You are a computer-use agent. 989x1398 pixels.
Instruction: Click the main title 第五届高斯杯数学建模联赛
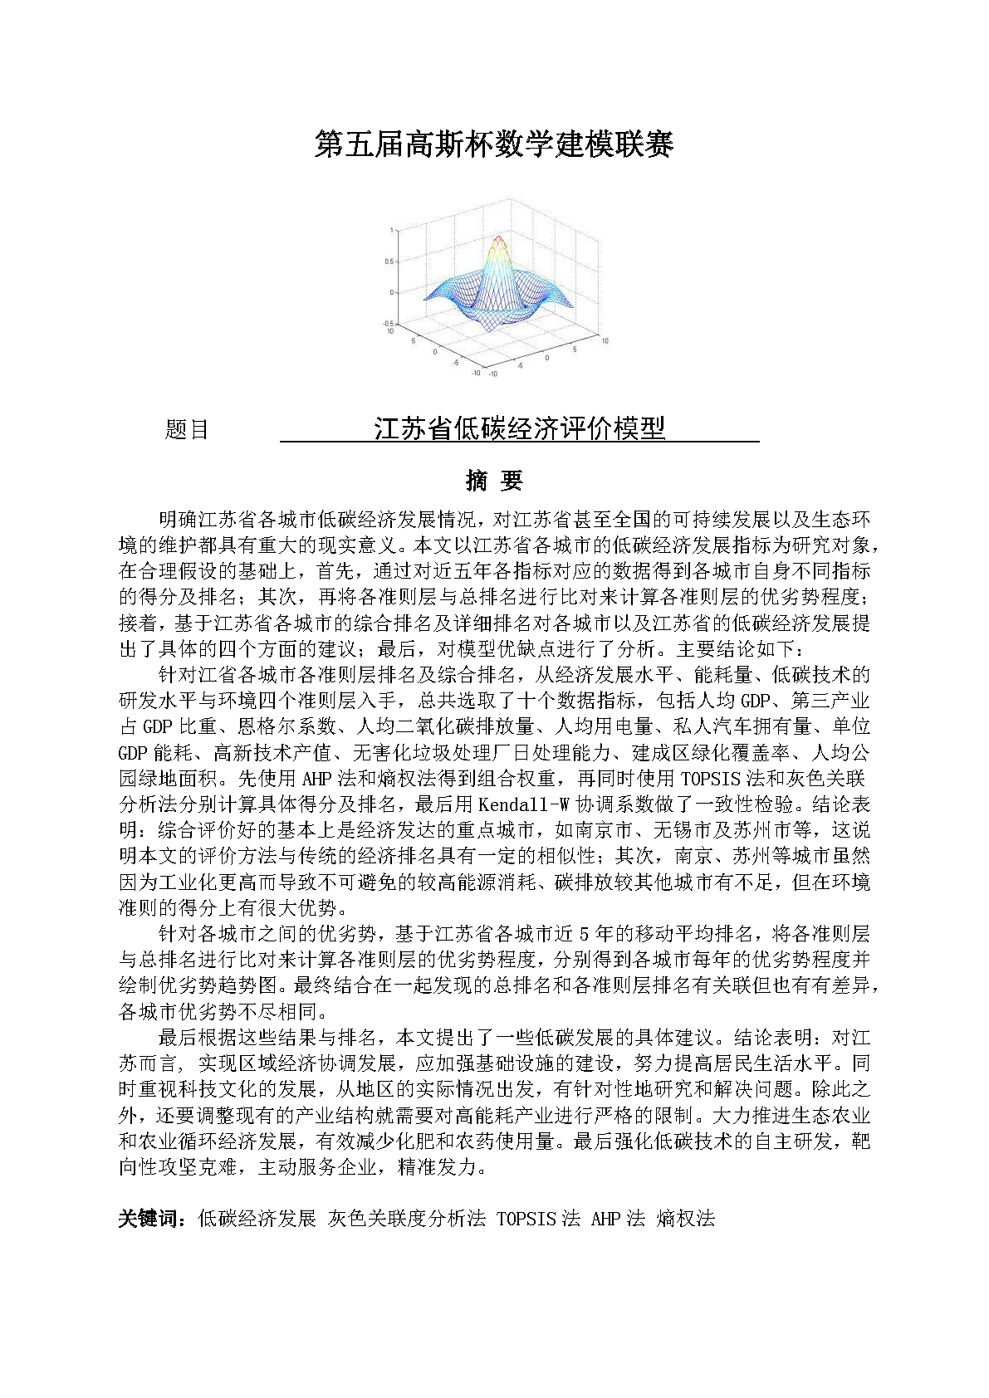click(x=494, y=144)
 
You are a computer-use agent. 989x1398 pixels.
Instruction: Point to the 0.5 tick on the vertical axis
click(x=389, y=261)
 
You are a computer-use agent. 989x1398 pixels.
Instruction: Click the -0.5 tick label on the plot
click(x=387, y=324)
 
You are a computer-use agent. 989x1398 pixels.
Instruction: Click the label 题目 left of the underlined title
click(x=187, y=429)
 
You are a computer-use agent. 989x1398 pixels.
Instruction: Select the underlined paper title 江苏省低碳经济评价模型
click(x=520, y=428)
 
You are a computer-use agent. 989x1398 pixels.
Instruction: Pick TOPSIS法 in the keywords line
click(x=538, y=1219)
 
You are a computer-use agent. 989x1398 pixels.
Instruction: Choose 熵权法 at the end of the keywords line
click(x=685, y=1219)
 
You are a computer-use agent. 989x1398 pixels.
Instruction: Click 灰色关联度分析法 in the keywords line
click(x=407, y=1219)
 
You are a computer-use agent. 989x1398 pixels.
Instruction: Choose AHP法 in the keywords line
click(x=618, y=1219)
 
